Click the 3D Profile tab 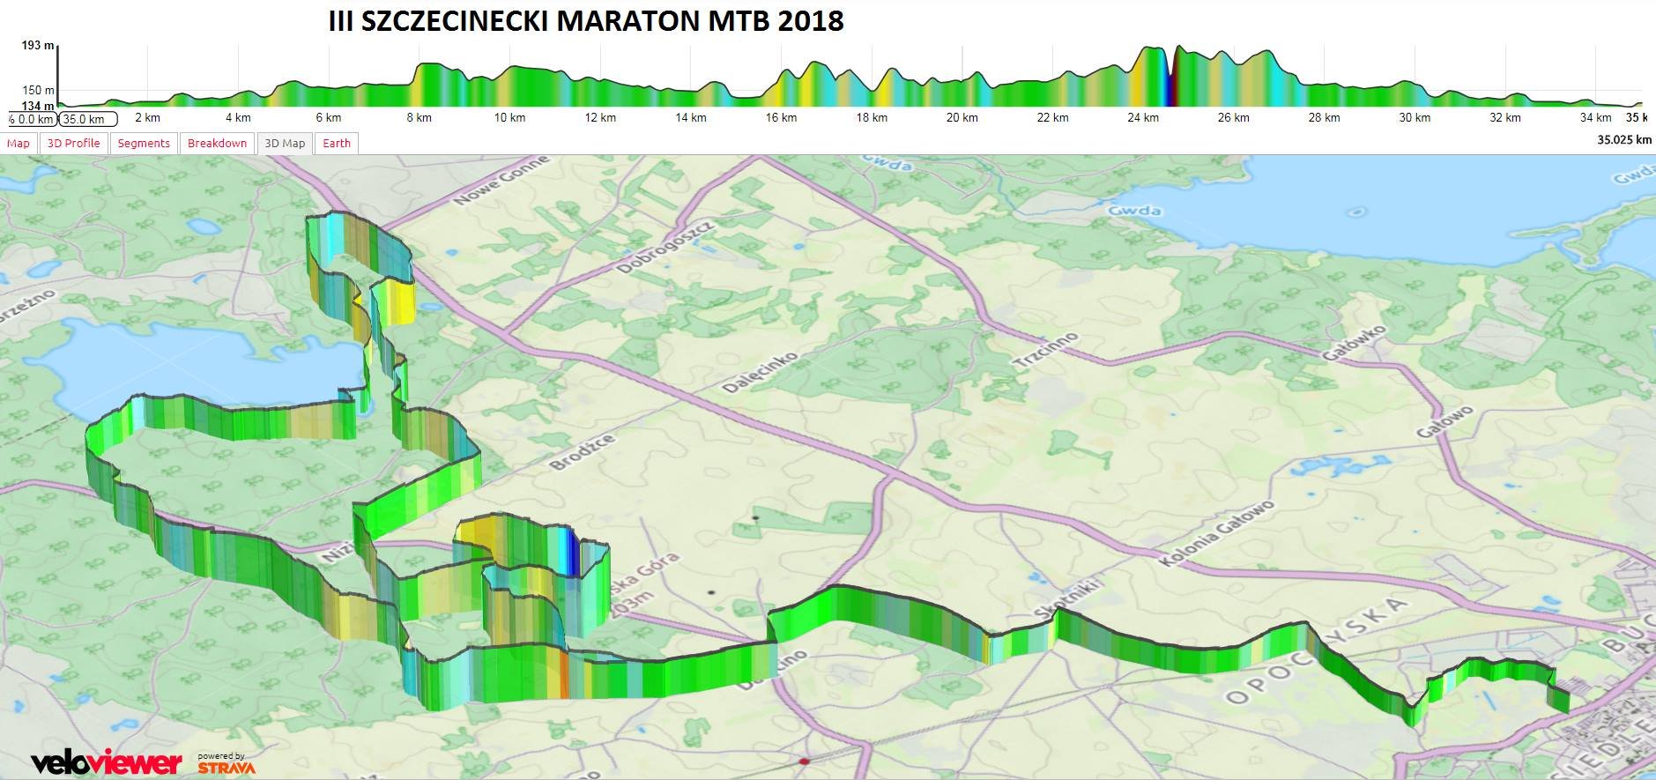point(73,144)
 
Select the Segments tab point(144,144)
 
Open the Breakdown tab point(217,144)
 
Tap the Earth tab point(337,144)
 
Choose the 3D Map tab point(285,144)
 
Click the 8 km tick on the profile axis point(419,118)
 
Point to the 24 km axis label point(1143,118)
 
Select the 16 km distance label point(781,118)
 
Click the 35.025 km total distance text point(1624,139)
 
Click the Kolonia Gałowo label point(1217,532)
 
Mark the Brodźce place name point(582,452)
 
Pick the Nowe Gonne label point(501,180)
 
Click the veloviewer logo point(106,761)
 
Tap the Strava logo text point(226,767)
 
